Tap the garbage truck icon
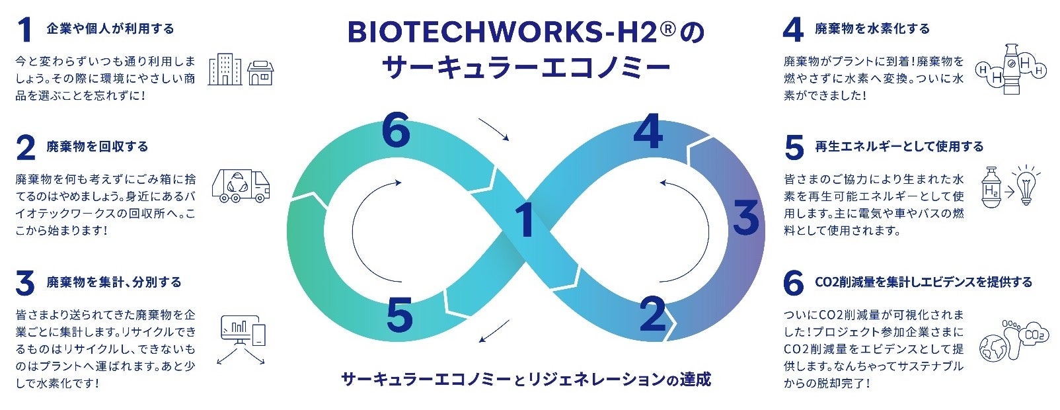(241, 185)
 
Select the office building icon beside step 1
(225, 69)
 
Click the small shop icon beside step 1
(260, 73)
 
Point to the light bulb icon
(1025, 184)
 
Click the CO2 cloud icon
(1033, 335)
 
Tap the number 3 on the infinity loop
(746, 218)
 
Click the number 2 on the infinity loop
(652, 313)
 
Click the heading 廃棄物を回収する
(97, 147)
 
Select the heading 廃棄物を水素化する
(872, 29)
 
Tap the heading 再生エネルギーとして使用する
(899, 147)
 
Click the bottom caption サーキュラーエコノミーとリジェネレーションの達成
(526, 380)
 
